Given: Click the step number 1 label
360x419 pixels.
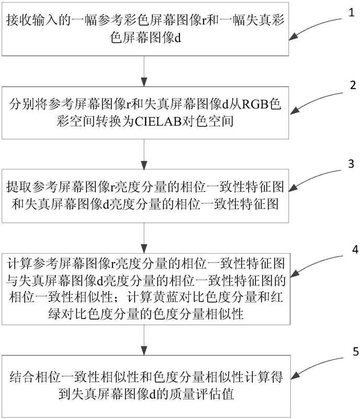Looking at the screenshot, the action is coord(352,13).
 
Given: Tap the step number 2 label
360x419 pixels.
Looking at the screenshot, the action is coord(353,85).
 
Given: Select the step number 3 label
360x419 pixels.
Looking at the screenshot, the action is coord(351,164).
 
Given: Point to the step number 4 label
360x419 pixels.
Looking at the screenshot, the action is coord(355,250).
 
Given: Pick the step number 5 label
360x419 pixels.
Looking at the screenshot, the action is coord(355,352).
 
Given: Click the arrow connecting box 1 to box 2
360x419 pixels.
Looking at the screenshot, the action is coord(144,71).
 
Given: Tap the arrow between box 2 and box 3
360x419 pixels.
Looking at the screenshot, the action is coord(144,154).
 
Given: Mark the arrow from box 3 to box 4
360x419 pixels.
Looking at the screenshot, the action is coord(144,238).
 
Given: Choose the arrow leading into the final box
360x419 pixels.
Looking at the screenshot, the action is coord(144,340).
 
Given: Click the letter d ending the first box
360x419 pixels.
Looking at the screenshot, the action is coord(178,38).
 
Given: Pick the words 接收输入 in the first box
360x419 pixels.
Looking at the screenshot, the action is coord(32,20).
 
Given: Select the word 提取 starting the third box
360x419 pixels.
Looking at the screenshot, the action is coord(19,187).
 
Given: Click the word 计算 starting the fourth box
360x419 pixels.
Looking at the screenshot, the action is coord(20,264).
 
